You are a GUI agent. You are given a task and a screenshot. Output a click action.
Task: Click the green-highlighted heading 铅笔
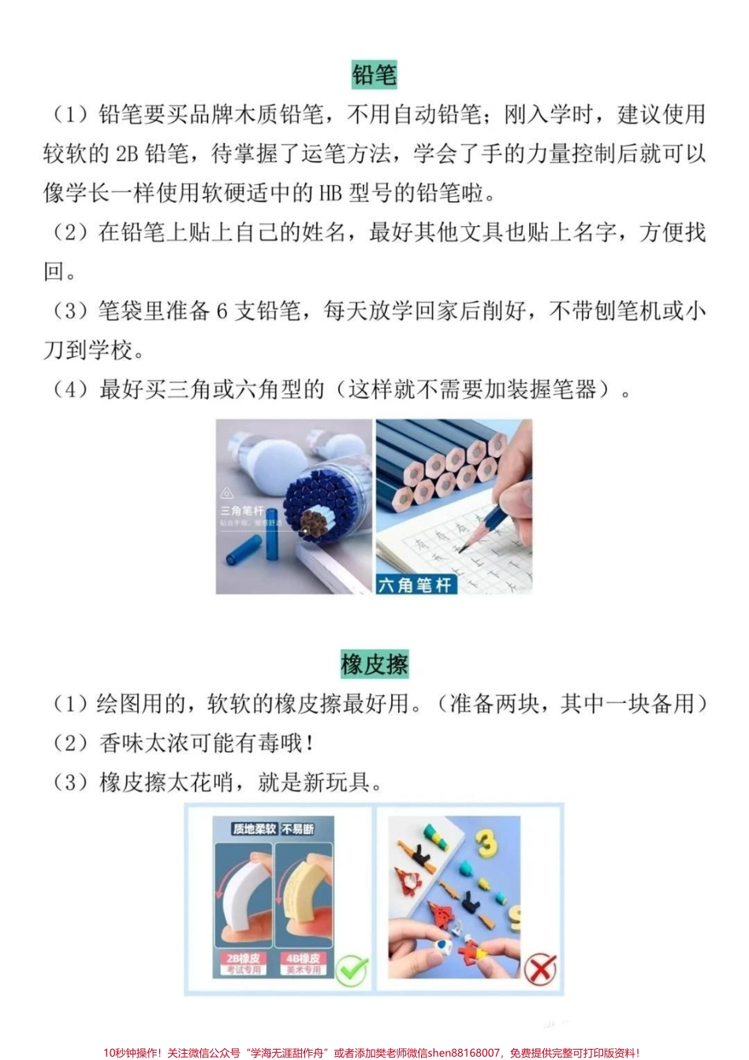click(374, 75)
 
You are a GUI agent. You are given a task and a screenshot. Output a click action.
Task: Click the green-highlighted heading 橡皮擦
click(374, 664)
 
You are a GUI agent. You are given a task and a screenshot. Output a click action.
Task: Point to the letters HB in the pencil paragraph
click(330, 193)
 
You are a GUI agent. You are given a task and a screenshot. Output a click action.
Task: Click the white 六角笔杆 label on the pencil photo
click(415, 584)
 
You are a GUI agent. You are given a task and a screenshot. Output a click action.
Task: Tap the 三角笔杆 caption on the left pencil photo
click(241, 511)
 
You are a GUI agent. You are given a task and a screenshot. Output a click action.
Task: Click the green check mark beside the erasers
click(352, 969)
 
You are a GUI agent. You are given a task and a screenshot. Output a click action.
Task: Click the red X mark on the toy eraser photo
click(540, 969)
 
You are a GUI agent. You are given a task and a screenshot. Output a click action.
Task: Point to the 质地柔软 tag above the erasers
click(254, 829)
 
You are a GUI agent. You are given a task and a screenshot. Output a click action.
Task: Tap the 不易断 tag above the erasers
click(298, 829)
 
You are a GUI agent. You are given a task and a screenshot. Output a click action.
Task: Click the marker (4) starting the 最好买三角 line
click(71, 389)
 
